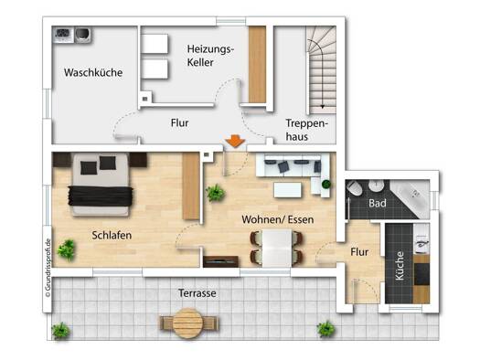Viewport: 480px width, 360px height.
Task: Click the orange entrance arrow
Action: click(235, 142)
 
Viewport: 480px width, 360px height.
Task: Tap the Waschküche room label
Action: click(93, 72)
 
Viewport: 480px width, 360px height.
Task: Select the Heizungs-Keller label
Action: click(210, 56)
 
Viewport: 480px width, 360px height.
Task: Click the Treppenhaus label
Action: click(306, 130)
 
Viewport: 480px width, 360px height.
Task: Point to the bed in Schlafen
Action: click(100, 185)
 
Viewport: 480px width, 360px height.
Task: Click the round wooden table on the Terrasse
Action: click(188, 323)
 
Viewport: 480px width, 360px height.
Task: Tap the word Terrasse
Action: click(197, 293)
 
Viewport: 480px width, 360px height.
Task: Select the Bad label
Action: click(378, 203)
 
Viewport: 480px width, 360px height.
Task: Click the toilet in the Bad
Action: click(355, 187)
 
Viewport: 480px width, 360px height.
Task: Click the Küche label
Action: click(400, 266)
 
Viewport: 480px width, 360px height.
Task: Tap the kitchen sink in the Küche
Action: click(421, 243)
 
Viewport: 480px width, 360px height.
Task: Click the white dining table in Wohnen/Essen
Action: click(277, 248)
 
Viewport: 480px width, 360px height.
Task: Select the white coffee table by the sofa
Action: click(287, 190)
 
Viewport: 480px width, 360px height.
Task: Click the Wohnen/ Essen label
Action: click(278, 219)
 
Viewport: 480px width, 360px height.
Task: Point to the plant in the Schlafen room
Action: click(66, 249)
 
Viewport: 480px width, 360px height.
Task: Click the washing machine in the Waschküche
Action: click(83, 35)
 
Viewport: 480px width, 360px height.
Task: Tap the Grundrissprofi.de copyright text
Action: click(48, 268)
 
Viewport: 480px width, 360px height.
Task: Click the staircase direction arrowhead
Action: click(323, 106)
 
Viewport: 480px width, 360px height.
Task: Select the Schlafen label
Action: click(112, 235)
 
